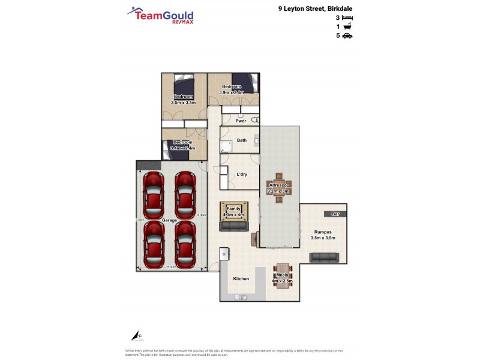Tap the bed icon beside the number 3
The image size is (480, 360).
[x=347, y=18]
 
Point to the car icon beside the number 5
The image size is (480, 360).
[x=347, y=36]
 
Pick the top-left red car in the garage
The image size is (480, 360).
[x=154, y=188]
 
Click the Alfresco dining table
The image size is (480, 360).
[x=280, y=187]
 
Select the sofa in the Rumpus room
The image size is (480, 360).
[x=323, y=257]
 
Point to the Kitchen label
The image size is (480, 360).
[x=241, y=279]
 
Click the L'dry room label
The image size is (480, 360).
[x=242, y=174]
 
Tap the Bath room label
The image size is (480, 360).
[x=242, y=140]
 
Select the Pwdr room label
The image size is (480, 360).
[x=241, y=121]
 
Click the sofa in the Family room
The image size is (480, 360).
[x=234, y=226]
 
